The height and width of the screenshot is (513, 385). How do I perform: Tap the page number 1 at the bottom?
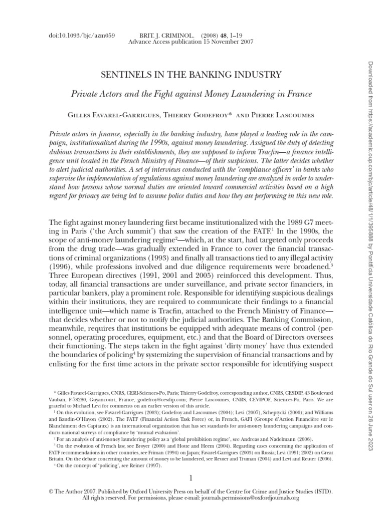click(192, 478)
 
